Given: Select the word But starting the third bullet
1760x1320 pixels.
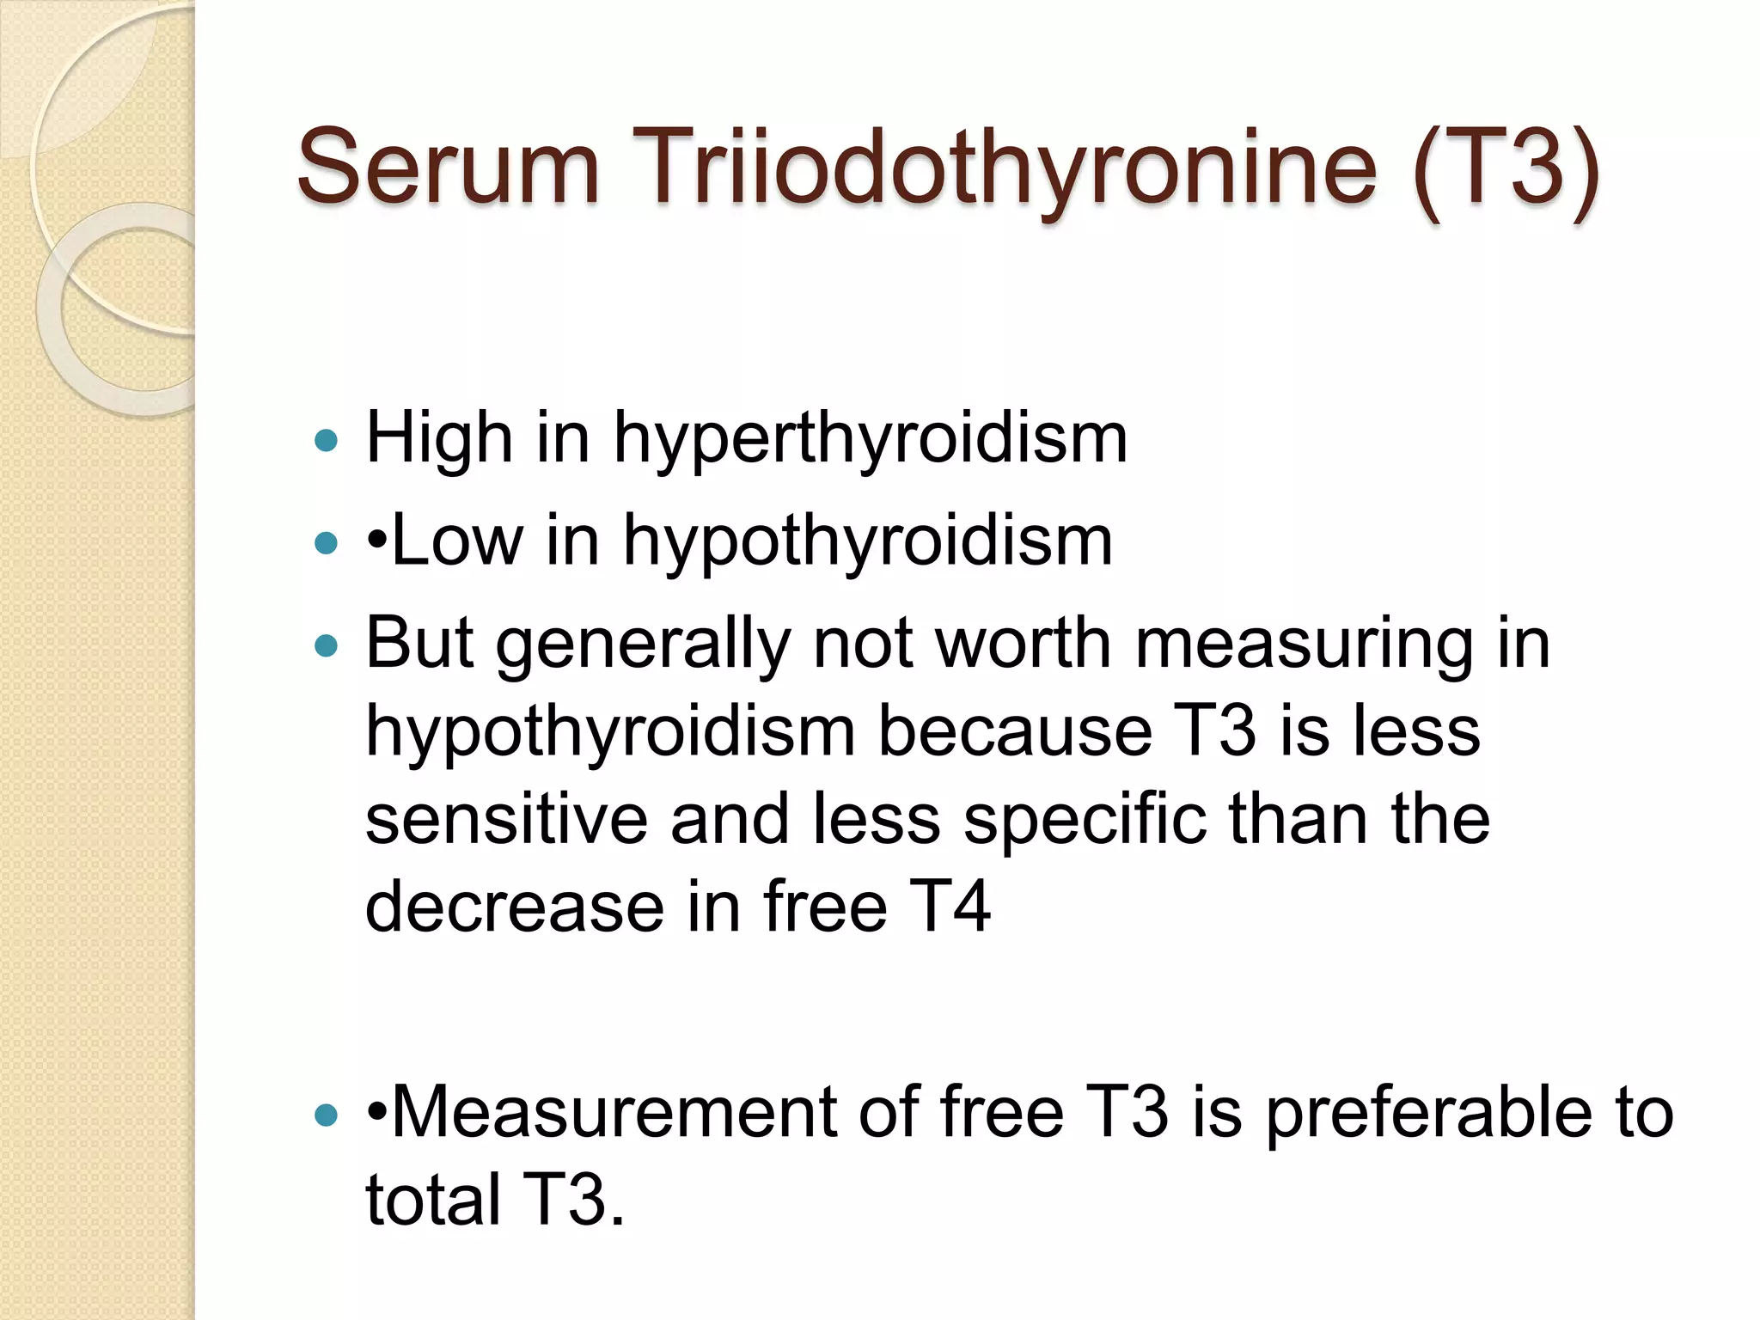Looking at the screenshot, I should pyautogui.click(x=419, y=643).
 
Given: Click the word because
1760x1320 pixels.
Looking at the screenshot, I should pyautogui.click(x=1014, y=731).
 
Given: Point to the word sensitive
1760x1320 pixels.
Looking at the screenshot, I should pyautogui.click(x=506, y=819).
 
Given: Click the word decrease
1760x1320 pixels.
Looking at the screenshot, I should pyautogui.click(x=515, y=907).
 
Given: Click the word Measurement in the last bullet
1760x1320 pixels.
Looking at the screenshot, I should pyautogui.click(x=614, y=1112).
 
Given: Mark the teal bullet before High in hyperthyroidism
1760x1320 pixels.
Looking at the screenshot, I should pyautogui.click(x=327, y=441).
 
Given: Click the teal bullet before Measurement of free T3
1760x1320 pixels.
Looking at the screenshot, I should pyautogui.click(x=327, y=1115).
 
